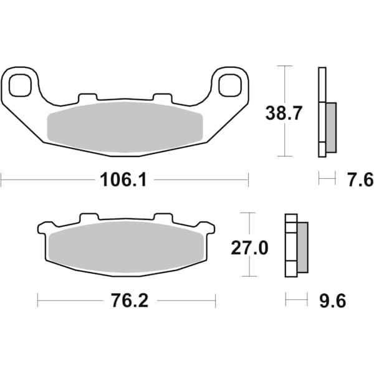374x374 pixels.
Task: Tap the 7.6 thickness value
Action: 360,180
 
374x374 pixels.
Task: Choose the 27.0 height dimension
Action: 249,247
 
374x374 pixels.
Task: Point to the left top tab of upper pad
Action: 89,98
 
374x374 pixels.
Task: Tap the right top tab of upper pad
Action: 162,98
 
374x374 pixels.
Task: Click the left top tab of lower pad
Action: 89,218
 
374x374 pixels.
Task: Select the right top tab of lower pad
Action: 162,218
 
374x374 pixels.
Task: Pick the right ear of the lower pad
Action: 208,228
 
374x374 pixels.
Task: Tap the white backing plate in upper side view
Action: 322,112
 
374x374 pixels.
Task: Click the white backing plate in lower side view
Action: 290,246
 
